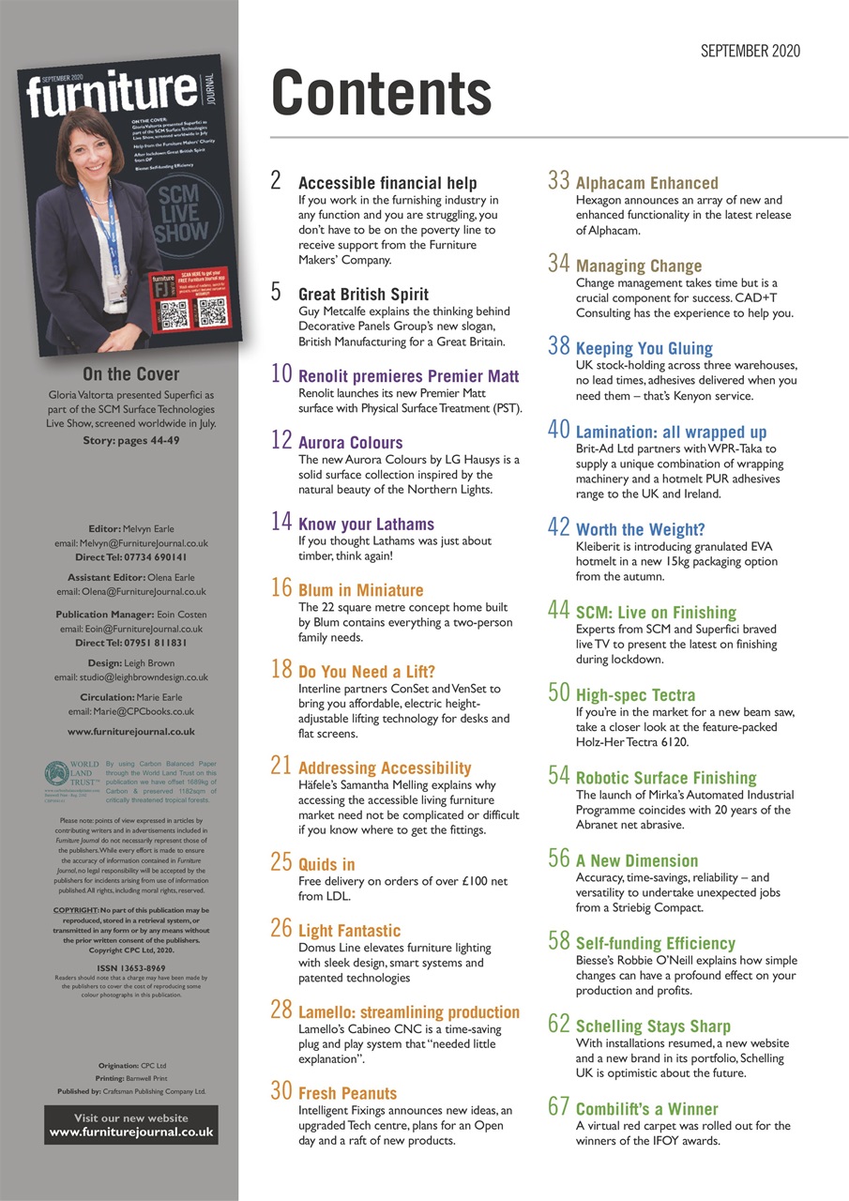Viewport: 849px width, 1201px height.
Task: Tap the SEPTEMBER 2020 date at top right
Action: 750,52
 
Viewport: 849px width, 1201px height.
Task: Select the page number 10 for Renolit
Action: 281,373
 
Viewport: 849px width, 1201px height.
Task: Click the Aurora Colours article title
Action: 350,442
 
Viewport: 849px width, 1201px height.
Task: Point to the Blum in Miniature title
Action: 360,590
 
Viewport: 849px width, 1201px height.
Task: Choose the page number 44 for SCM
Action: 559,611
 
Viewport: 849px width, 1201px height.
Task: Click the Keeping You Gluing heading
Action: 644,348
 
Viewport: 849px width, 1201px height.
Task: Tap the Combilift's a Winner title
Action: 646,1109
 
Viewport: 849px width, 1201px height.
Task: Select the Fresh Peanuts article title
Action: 347,1093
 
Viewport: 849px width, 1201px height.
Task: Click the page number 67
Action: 559,1107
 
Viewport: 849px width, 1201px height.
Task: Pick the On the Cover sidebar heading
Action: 131,374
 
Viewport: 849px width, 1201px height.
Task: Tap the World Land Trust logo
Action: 70,776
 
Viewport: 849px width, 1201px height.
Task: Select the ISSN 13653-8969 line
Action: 131,967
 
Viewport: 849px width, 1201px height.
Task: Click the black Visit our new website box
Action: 131,1125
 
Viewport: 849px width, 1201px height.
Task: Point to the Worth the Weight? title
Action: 640,530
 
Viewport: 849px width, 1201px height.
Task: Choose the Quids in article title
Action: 326,863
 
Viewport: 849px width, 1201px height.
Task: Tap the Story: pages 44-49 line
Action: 131,441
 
